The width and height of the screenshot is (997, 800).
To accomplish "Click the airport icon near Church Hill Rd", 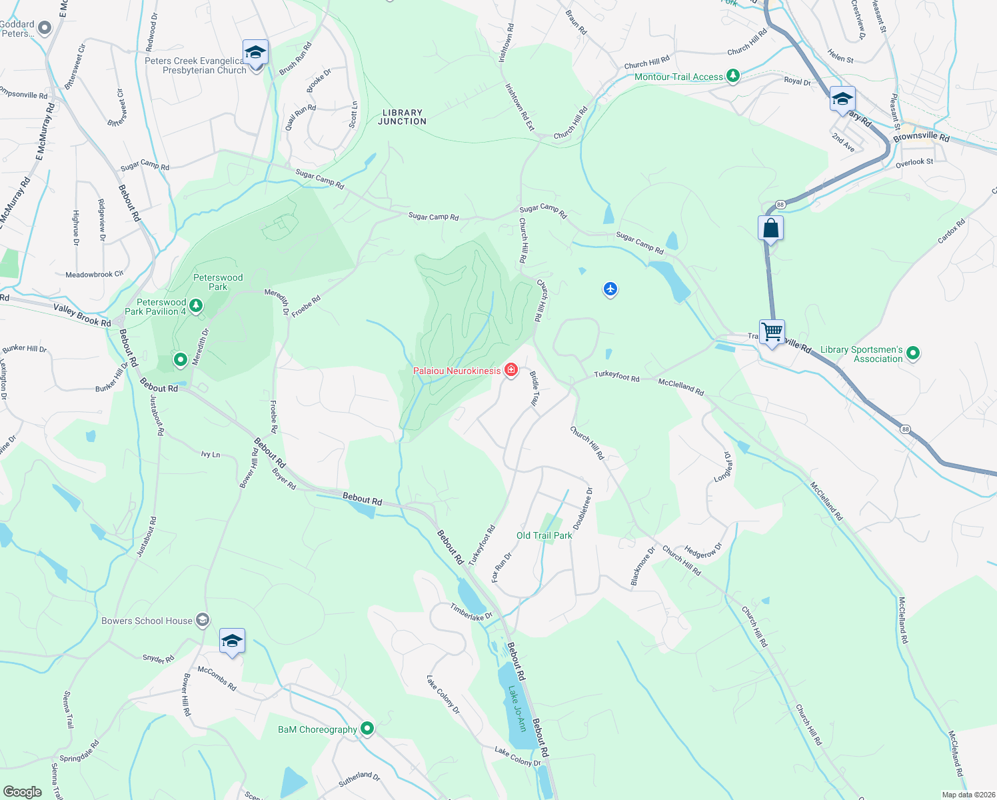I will point(610,289).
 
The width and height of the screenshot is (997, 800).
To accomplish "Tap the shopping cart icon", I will point(772,331).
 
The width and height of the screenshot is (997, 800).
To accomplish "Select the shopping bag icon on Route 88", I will point(770,229).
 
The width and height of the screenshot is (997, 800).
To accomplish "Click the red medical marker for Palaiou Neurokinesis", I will point(511,370).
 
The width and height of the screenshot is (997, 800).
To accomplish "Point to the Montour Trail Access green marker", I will point(733,76).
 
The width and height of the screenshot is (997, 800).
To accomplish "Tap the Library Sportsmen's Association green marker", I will point(913,353).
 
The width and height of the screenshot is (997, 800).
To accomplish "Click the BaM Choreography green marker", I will point(367,729).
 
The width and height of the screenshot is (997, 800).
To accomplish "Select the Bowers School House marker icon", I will point(203,620).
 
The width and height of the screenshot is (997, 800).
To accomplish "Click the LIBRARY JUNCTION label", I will point(402,117).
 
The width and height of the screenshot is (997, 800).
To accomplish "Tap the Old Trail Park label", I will point(544,535).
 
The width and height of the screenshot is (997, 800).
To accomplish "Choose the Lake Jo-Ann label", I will point(517,708).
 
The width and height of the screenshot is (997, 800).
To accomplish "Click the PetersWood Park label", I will point(218,282).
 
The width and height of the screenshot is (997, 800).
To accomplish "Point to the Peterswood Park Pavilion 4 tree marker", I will point(195,306).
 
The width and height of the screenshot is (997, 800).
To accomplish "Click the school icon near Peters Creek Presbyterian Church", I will point(255,52).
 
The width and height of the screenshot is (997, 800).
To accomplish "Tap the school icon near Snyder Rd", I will point(232,641).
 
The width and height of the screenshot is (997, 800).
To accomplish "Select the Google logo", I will point(22,791).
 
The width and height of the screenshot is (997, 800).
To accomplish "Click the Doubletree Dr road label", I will point(582,508).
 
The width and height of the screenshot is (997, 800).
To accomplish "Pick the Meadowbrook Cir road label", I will point(94,274).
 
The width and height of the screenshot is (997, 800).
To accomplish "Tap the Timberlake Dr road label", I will point(471,612).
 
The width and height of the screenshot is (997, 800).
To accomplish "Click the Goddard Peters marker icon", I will point(45,29).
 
